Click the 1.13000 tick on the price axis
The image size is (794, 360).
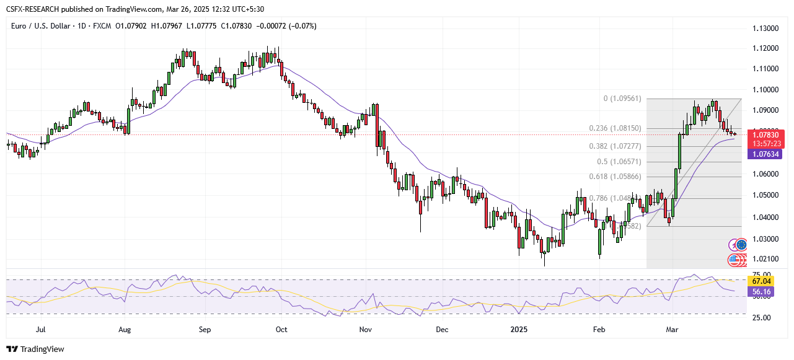coord(765,29)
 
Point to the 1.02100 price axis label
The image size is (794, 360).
coord(765,259)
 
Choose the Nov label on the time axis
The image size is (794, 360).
coord(365,330)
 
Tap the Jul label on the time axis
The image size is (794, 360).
coord(41,330)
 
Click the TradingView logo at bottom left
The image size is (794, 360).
coord(35,349)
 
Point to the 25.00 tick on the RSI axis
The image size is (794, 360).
coord(762,317)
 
